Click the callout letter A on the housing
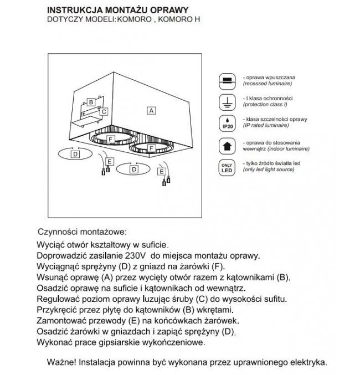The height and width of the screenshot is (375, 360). pyautogui.click(x=151, y=110)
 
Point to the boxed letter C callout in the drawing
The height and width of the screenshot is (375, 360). pyautogui.click(x=104, y=111)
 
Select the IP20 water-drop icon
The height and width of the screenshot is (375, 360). pyautogui.click(x=227, y=122)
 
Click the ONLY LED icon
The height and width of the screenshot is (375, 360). pyautogui.click(x=227, y=168)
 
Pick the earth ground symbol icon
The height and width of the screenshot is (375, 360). pyautogui.click(x=227, y=100)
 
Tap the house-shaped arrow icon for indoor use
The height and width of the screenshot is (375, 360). pyautogui.click(x=227, y=145)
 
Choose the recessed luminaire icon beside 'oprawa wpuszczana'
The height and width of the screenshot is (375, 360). pyautogui.click(x=227, y=78)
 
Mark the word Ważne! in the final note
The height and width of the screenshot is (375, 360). pyautogui.click(x=63, y=363)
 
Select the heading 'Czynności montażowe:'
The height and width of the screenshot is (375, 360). pyautogui.click(x=81, y=230)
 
